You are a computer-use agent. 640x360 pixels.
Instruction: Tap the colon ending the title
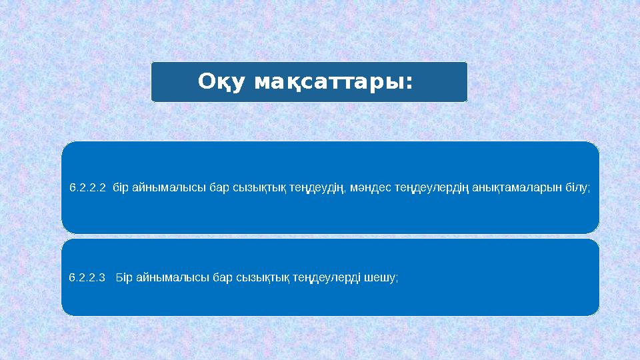(x=409, y=83)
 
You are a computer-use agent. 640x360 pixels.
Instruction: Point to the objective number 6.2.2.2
(x=87, y=188)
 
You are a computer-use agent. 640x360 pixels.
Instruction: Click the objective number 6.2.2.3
(x=87, y=277)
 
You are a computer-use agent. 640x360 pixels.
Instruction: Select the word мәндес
(x=369, y=188)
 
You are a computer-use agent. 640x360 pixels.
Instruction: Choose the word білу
(x=577, y=188)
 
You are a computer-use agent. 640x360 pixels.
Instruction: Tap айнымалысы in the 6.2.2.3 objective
(x=172, y=277)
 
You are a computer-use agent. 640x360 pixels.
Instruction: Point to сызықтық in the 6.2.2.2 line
(x=256, y=188)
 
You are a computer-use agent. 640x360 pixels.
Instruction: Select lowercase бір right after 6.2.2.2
(x=121, y=188)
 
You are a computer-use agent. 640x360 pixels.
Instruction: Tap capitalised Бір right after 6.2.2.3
(x=124, y=277)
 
